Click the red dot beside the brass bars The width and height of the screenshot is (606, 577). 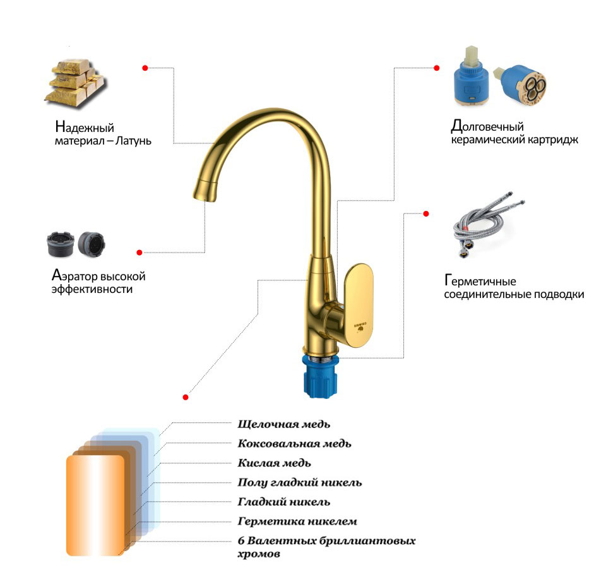145,68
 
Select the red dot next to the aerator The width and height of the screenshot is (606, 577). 140,253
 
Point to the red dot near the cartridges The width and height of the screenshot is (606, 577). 436,68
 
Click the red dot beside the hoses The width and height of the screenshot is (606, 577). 426,213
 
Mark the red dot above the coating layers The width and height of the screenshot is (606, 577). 186,397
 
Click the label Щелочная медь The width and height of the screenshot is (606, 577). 284,424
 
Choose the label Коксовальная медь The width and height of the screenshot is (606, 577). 294,443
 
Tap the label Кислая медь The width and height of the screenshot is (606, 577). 274,463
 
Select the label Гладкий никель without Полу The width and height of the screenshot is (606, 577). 284,502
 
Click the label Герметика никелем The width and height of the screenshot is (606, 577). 297,521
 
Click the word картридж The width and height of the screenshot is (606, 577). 550,140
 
